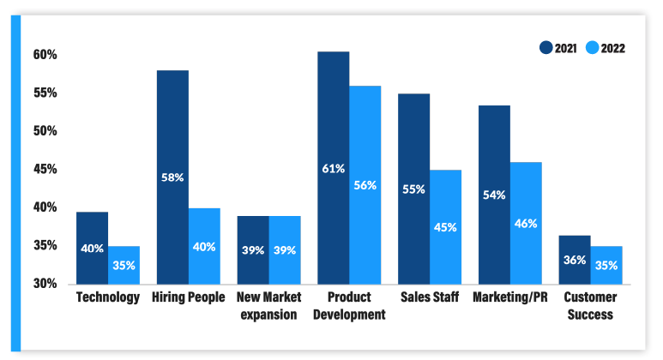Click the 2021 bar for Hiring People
(x=172, y=177)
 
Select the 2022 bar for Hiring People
(x=204, y=246)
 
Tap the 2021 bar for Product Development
(x=334, y=167)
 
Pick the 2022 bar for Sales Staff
(x=446, y=226)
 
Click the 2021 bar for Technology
(x=92, y=248)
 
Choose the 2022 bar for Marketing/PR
(x=526, y=223)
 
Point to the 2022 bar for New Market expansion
(x=285, y=249)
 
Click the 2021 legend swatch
(x=546, y=48)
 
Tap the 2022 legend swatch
(x=593, y=48)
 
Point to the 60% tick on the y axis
(x=45, y=55)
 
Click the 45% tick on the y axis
(x=45, y=169)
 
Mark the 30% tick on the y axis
(x=45, y=284)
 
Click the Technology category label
(x=108, y=297)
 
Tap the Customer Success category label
(x=590, y=306)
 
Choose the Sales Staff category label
(x=429, y=297)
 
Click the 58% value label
(x=172, y=177)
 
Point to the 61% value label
(x=334, y=168)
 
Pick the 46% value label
(x=526, y=224)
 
